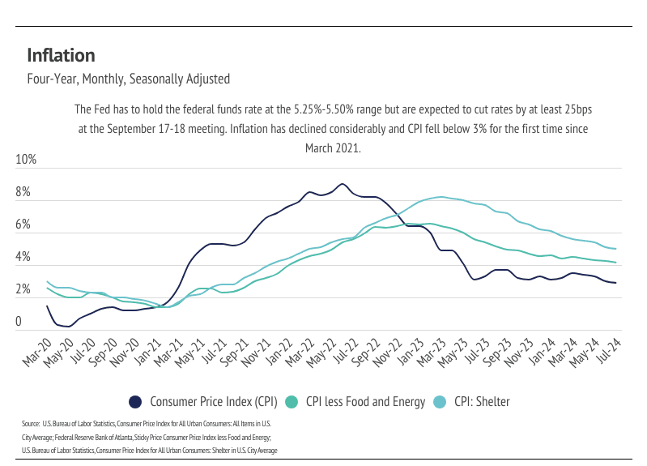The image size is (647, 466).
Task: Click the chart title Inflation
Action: click(61, 55)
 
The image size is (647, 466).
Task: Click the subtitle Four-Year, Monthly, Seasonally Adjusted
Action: click(128, 79)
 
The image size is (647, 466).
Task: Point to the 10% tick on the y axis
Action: click(27, 160)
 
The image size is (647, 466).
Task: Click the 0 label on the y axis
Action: click(19, 323)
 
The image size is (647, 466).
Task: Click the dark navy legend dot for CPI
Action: click(135, 401)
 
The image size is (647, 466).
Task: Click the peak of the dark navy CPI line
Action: click(342, 184)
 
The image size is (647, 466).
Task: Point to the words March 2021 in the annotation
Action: click(332, 148)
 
